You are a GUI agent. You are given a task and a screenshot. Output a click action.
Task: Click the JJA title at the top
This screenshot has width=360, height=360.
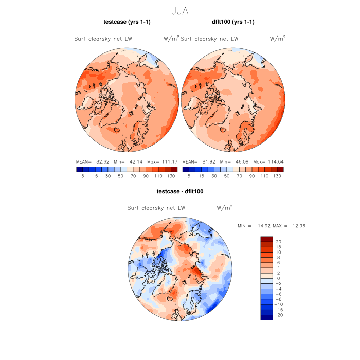point(180,10)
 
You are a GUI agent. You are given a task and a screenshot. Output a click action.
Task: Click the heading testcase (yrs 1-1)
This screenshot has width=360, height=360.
point(127,22)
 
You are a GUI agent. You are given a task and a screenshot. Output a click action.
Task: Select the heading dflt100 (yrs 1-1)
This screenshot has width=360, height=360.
point(233,22)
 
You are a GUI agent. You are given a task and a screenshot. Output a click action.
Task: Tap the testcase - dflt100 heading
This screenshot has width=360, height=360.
point(180,191)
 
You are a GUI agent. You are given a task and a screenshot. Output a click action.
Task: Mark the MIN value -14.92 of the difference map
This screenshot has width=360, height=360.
point(265,226)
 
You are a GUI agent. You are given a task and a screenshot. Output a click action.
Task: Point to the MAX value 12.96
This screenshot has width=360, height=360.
point(299,226)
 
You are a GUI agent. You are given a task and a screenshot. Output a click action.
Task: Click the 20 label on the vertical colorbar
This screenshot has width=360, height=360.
point(279,241)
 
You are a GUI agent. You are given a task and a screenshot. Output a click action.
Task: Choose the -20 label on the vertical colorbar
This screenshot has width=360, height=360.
point(279,315)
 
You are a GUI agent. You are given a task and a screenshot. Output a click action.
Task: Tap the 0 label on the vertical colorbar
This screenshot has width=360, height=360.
point(278,278)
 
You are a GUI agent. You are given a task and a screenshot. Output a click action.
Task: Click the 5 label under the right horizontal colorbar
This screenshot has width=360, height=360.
point(189,176)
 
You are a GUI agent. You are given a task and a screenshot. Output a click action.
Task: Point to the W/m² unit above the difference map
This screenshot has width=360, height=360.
point(225,208)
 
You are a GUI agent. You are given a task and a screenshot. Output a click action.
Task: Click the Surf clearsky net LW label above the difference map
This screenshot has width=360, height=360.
point(156,208)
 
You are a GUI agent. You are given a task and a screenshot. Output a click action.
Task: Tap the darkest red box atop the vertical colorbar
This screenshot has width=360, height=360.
point(266,239)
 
